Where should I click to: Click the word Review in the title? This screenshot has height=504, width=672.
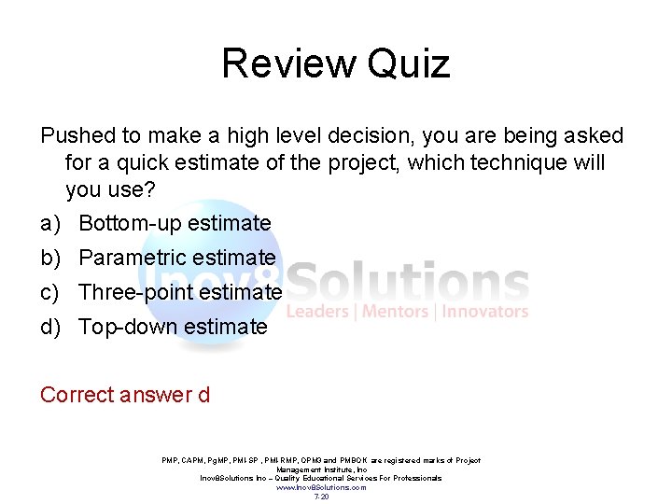click(288, 63)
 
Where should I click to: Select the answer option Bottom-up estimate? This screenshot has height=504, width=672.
click(175, 223)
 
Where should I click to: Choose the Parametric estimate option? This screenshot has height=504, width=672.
click(177, 258)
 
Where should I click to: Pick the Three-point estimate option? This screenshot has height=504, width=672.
click(179, 292)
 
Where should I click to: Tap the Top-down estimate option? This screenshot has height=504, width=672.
click(173, 327)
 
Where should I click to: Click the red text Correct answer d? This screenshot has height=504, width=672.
click(125, 395)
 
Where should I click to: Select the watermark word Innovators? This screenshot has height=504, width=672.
click(485, 312)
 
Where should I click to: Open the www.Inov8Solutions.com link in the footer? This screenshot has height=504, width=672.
click(321, 487)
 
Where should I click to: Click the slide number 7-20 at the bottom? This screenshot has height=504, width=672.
click(321, 497)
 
